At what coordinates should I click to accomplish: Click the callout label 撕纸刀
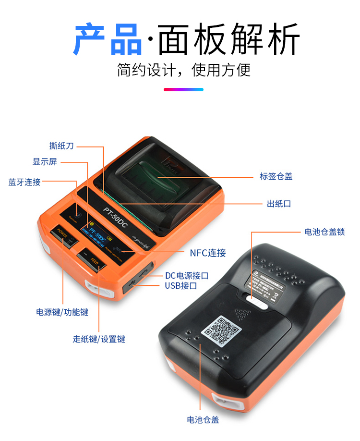click(61, 146)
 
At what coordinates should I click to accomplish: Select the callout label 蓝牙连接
click(24, 182)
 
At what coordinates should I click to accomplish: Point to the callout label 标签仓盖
click(276, 176)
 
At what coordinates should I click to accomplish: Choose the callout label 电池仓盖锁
click(324, 232)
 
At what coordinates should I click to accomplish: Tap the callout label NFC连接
click(208, 253)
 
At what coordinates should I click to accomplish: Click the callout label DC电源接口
click(187, 275)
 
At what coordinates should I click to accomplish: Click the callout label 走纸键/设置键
click(99, 339)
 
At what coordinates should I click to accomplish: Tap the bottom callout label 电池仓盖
click(203, 419)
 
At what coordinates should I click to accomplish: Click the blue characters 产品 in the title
click(108, 39)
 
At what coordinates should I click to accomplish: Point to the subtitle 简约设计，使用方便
click(184, 70)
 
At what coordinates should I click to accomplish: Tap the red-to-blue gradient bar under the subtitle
click(183, 89)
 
